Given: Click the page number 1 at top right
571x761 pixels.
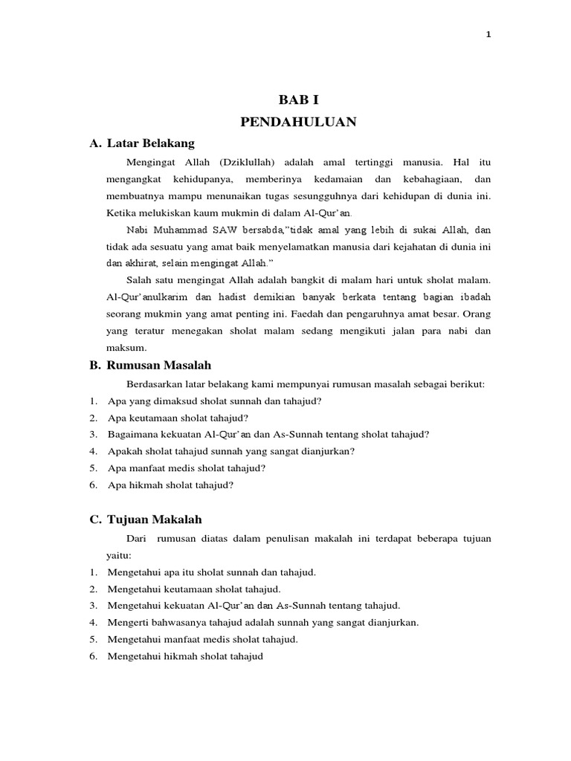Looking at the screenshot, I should click(x=488, y=34).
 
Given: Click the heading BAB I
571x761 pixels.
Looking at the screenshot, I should click(x=298, y=100).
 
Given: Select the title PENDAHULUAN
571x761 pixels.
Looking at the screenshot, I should click(x=298, y=121).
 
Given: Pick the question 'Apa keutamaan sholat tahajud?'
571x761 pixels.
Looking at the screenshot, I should click(x=178, y=418).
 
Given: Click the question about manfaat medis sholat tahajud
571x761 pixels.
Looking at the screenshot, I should click(x=187, y=468).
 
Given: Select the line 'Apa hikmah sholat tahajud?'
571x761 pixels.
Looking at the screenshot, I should click(x=171, y=485).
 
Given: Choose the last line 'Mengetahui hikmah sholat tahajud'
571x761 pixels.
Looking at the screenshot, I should click(x=185, y=657).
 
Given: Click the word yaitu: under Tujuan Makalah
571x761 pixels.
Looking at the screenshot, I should click(x=119, y=554).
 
